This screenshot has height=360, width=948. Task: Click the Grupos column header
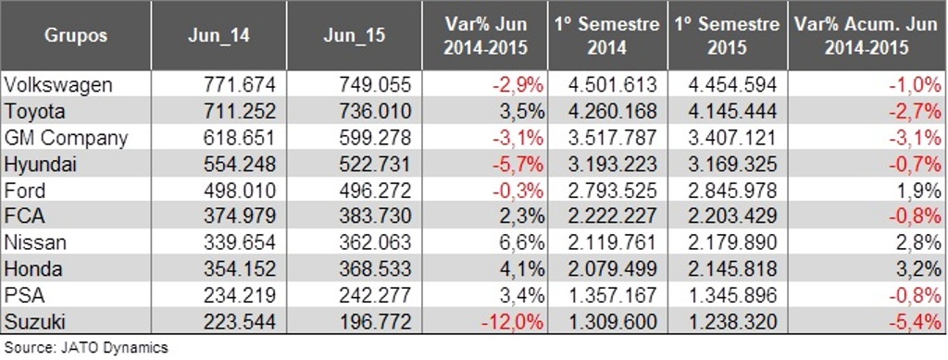76,35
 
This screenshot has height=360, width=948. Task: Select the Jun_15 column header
355,35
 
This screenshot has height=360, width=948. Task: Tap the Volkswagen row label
58,84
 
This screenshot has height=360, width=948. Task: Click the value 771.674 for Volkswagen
240,84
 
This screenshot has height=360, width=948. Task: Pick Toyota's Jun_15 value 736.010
376,111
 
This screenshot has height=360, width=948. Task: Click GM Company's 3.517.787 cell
613,138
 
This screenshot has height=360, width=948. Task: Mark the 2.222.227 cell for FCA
613,217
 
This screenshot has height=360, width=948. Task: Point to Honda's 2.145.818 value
732,269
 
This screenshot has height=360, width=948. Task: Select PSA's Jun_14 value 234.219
240,296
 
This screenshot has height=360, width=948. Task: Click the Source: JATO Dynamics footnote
86,348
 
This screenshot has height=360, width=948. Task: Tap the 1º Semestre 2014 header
607,35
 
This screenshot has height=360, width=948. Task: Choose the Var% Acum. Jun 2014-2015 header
867,35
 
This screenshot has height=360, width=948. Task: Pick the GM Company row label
66,138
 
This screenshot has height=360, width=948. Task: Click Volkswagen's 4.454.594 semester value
732,84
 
